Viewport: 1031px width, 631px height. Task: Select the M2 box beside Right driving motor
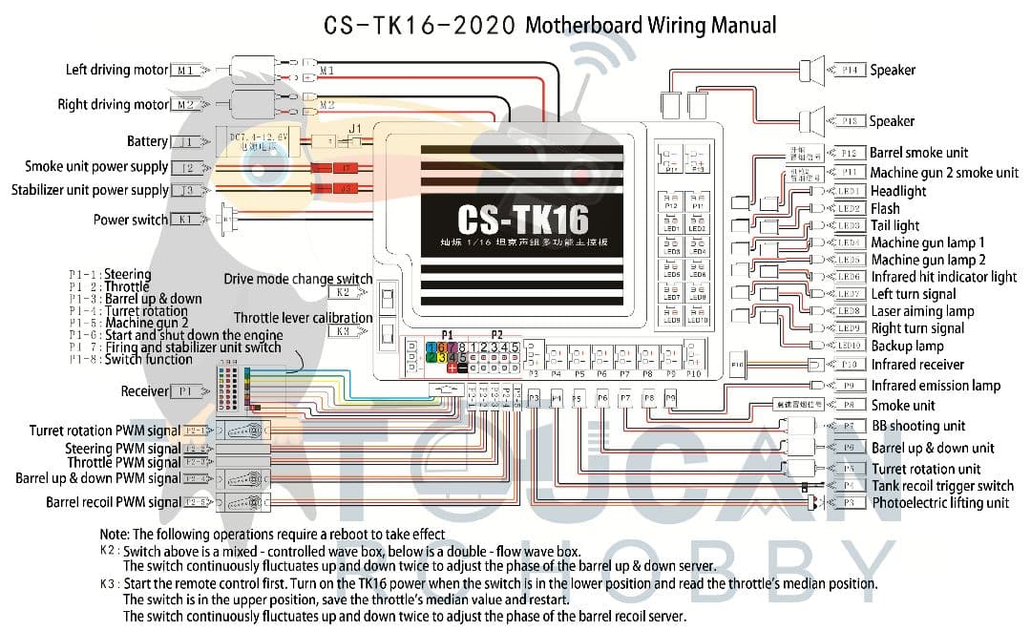click(x=185, y=105)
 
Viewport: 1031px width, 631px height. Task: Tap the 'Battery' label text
click(x=147, y=141)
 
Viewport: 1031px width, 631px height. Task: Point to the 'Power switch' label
click(x=131, y=220)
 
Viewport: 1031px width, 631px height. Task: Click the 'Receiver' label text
click(x=144, y=391)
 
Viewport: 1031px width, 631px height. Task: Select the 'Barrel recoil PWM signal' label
click(x=113, y=502)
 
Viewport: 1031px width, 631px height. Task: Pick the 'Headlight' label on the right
click(x=897, y=191)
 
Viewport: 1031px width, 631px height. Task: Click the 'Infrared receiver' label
click(x=917, y=365)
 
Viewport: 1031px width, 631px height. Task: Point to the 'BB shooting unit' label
click(x=917, y=426)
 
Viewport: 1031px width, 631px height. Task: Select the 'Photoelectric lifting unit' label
click(x=939, y=502)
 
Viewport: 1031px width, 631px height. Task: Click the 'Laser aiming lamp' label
click(x=922, y=311)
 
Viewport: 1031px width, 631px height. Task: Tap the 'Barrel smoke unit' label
click(x=918, y=153)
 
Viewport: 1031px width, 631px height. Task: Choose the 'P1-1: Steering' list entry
click(x=110, y=275)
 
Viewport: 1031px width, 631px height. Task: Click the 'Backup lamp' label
click(x=907, y=346)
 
